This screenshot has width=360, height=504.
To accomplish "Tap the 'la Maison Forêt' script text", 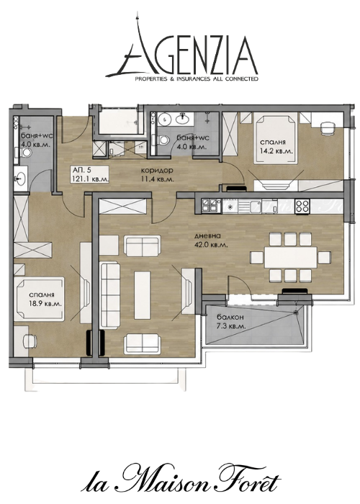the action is [180, 482].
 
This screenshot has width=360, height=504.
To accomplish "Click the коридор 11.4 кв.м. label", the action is [158, 174].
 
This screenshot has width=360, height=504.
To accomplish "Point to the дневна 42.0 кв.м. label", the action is [211, 240].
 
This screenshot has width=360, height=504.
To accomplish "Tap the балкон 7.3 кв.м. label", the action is [231, 321].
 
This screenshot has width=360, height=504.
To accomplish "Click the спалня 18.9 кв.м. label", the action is [45, 299].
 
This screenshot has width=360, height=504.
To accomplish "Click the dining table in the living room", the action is [291, 257].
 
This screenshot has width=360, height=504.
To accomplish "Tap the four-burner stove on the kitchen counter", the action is [302, 206].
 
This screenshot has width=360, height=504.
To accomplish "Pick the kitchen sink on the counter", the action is [253, 206].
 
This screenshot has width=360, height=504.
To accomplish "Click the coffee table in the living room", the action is [143, 294].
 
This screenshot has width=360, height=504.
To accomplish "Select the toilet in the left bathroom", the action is [27, 153].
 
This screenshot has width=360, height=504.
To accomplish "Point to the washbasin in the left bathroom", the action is [21, 178].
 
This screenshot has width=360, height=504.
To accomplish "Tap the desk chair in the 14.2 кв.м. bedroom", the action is [328, 128].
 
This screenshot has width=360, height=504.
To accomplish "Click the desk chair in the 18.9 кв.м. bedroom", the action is [30, 341].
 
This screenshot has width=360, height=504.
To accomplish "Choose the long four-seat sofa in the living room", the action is [110, 295].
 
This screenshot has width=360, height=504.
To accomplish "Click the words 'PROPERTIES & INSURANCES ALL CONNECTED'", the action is [196, 78].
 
